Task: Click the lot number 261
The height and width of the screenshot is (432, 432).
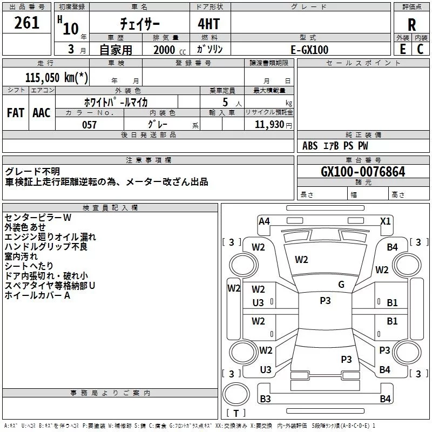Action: tap(27, 23)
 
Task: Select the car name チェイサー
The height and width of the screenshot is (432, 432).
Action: tap(140, 25)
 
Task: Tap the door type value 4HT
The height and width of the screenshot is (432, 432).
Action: tap(210, 24)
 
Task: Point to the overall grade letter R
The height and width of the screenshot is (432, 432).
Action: tap(411, 25)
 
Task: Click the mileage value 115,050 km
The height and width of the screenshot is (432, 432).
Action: tap(57, 77)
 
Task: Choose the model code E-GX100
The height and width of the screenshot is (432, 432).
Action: tap(309, 50)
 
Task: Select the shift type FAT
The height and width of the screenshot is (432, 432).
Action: tap(16, 113)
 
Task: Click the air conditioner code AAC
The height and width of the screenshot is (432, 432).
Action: tap(42, 113)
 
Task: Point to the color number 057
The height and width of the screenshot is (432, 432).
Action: tap(89, 125)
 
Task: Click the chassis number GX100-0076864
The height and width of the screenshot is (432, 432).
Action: tap(363, 172)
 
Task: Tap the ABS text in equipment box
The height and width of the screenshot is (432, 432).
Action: tap(310, 146)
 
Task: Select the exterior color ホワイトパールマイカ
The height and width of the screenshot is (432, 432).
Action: tap(116, 102)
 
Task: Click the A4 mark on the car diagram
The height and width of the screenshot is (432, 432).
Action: tap(264, 221)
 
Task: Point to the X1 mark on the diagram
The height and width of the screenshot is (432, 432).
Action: tap(386, 221)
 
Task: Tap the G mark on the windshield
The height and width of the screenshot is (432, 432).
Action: tap(341, 285)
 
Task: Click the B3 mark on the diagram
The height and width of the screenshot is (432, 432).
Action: tap(265, 399)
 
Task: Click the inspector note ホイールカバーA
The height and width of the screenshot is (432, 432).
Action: tap(37, 295)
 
